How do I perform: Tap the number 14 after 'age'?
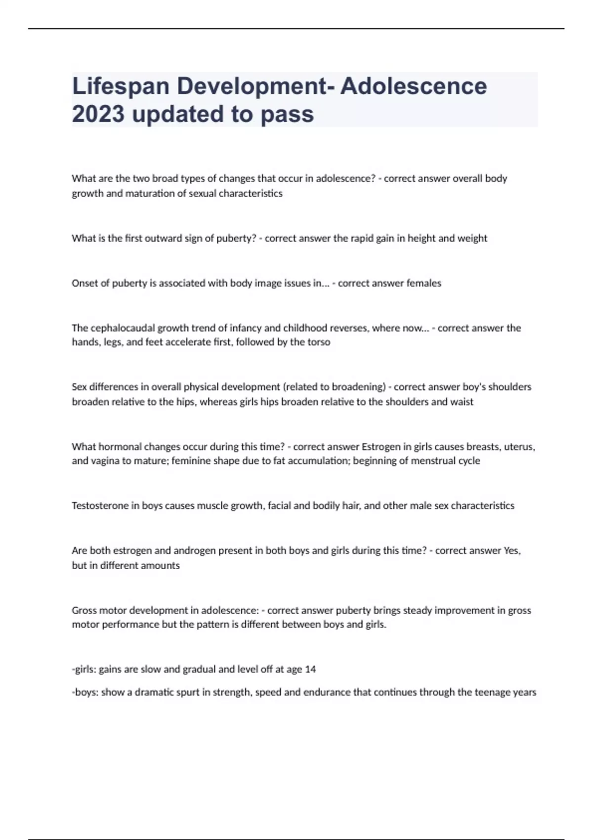pos(310,669)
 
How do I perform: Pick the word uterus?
pos(519,447)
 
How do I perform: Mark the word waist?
pos(462,402)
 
